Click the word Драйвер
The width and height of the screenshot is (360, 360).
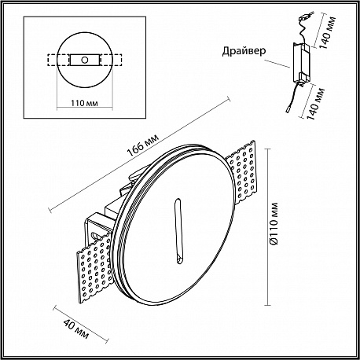tap(244, 51)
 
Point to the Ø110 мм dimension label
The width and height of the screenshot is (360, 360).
tap(274, 224)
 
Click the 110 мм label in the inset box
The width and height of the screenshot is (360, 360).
tap(84, 103)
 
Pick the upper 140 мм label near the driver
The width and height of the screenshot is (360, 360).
tap(328, 32)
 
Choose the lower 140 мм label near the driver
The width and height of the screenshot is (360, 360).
tap(315, 104)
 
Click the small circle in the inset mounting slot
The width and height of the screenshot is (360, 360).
tap(84, 60)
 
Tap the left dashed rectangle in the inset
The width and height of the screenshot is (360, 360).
tap(58, 60)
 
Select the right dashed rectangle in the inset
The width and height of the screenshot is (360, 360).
tap(111, 60)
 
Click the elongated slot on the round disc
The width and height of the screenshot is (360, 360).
tap(178, 231)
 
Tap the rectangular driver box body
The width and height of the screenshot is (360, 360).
tap(302, 62)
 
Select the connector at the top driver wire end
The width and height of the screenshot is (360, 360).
tap(306, 17)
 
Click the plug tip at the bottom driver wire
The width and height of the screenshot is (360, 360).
tap(288, 110)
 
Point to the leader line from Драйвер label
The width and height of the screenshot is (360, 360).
tap(277, 64)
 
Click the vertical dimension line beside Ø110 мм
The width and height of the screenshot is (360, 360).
tap(267, 227)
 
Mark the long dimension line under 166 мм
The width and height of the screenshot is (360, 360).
tap(140, 154)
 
